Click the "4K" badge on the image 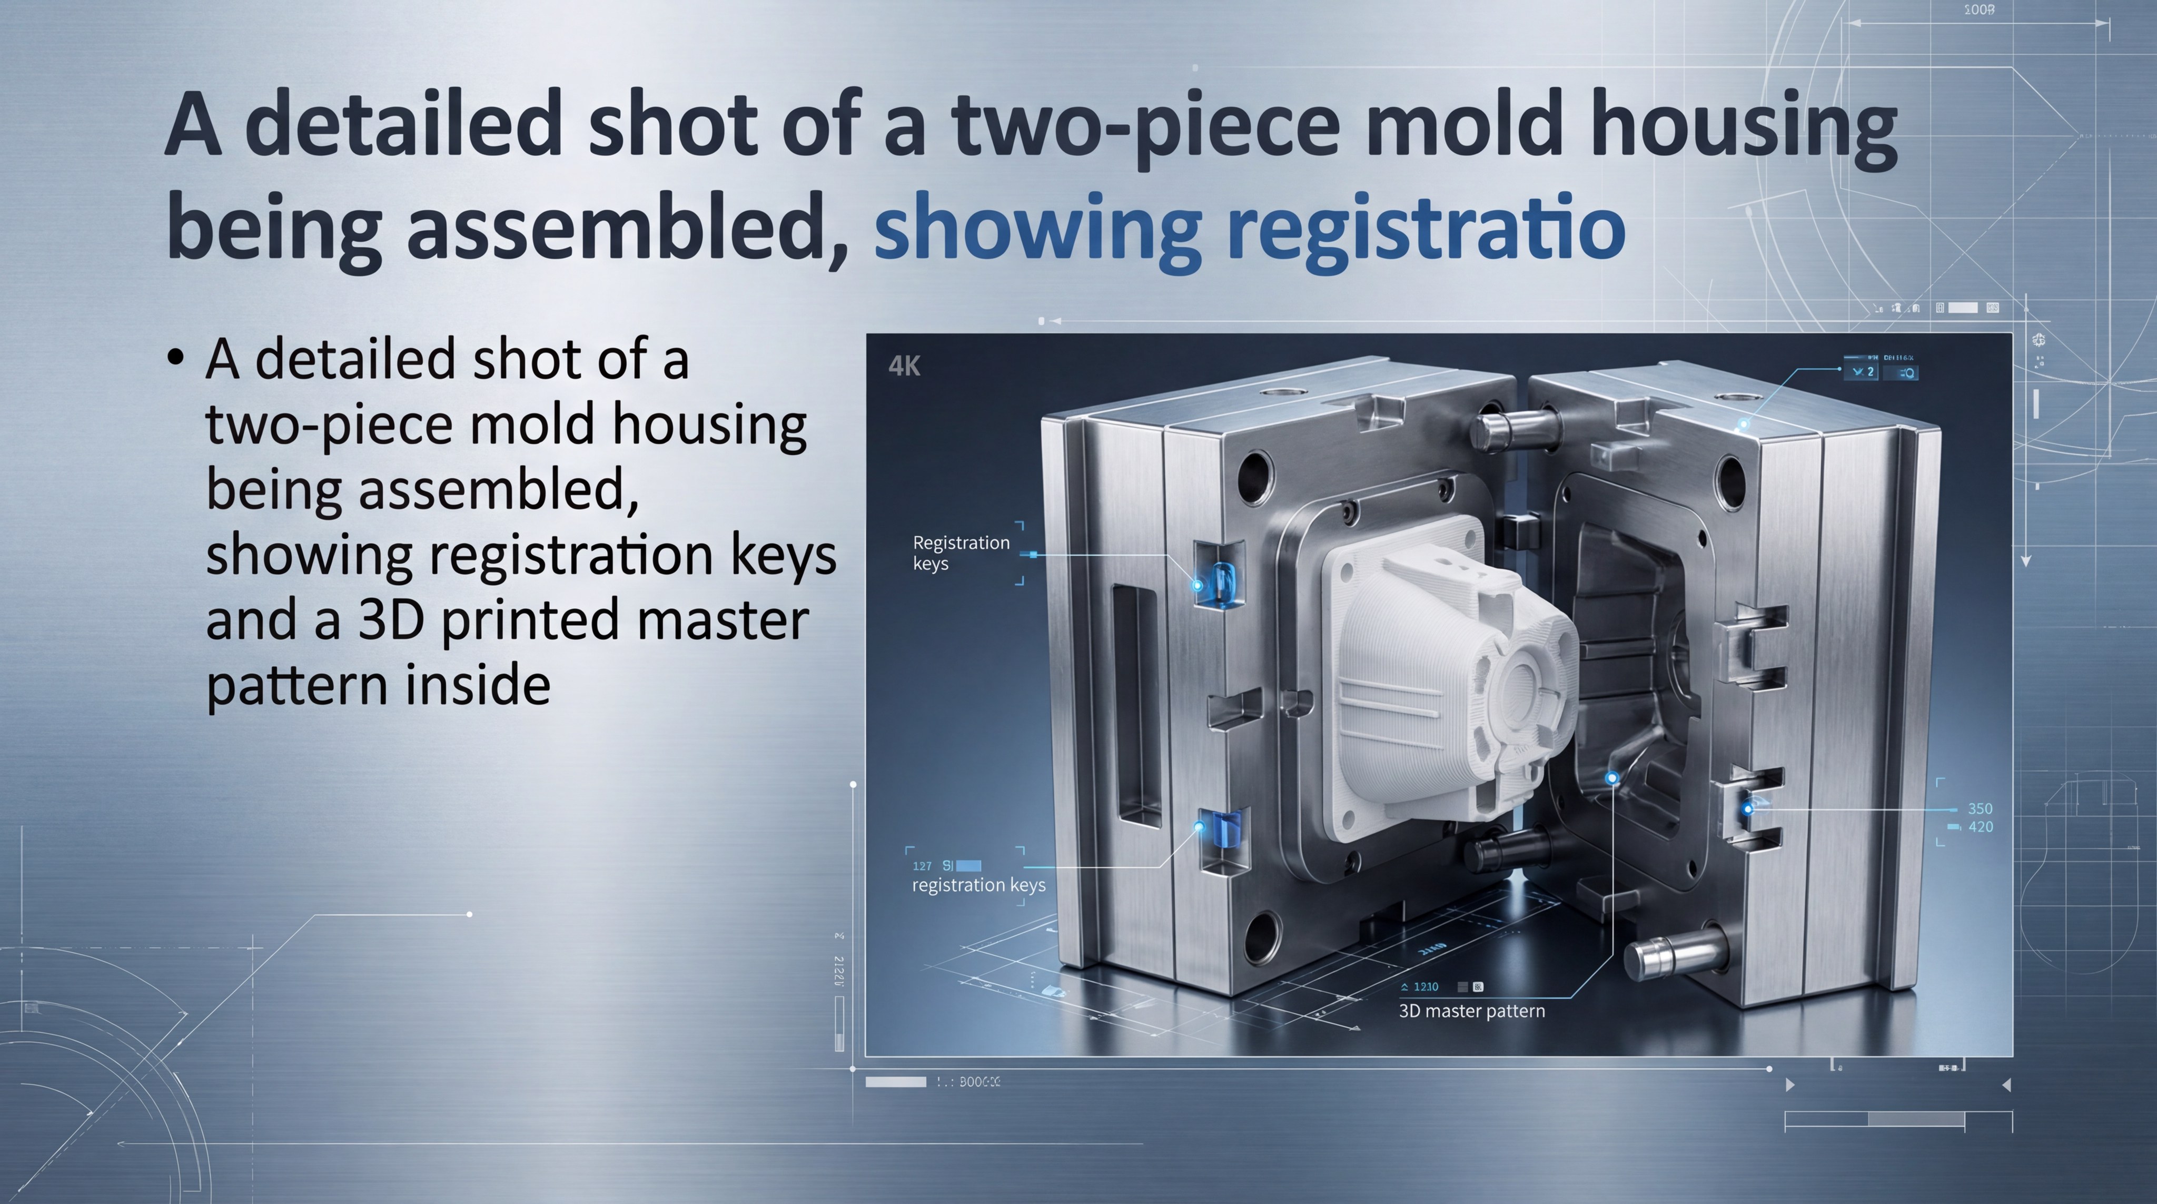(904, 366)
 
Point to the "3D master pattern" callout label (1471, 1011)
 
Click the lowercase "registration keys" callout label (978, 885)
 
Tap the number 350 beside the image (1980, 809)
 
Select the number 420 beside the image (1980, 827)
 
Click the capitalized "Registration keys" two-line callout (961, 552)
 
